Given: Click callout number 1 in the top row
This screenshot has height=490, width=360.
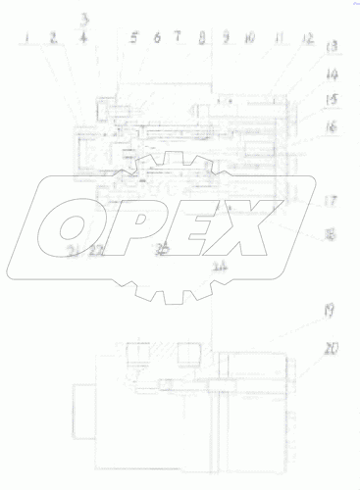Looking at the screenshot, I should click(x=29, y=39).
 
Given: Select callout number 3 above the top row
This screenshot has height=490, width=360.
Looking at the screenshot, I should click(x=85, y=19).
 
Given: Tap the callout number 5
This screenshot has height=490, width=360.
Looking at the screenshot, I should click(x=133, y=39).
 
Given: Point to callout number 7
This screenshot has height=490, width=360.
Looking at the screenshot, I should click(x=178, y=37).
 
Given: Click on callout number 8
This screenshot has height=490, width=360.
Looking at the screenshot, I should click(x=201, y=39).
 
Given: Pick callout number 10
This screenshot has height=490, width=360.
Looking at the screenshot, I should click(x=249, y=39).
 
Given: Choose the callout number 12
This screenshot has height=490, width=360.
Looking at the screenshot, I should click(x=306, y=39).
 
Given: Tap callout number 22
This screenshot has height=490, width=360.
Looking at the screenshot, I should click(x=97, y=252).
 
